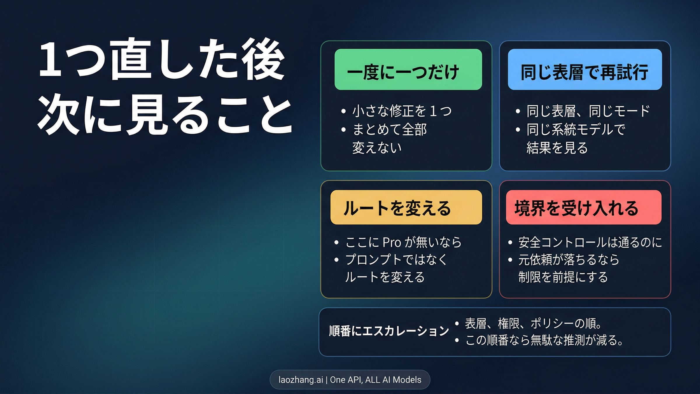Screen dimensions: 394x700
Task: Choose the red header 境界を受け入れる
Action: [x=583, y=208]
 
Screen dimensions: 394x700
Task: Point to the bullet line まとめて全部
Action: [x=390, y=129]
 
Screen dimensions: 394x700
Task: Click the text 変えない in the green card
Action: [x=377, y=148]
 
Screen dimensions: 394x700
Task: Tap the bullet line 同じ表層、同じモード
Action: [x=588, y=111]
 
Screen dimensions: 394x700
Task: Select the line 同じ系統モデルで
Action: [x=576, y=129]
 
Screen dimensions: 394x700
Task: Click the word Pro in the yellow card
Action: [x=392, y=242]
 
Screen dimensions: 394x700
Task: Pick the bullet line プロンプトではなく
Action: [x=396, y=259]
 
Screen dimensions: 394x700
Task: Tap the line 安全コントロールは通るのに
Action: [x=590, y=242]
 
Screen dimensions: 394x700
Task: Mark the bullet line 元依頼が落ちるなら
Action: [x=569, y=259]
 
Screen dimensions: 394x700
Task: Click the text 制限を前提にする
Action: [x=563, y=277]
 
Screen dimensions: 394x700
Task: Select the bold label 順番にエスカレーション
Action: [x=389, y=331]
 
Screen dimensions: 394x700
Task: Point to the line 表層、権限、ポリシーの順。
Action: [x=534, y=323]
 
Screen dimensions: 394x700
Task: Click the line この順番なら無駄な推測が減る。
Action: [x=544, y=340]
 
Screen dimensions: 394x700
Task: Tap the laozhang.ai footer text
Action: [x=350, y=380]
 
